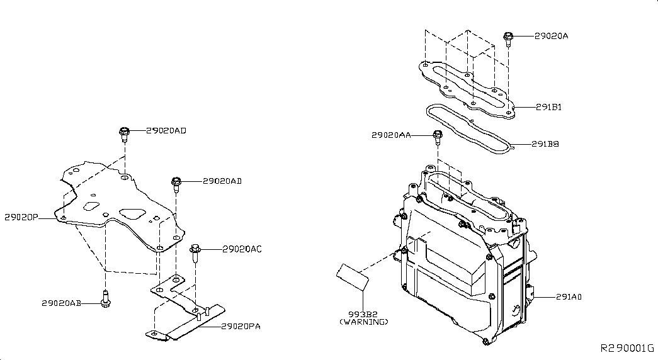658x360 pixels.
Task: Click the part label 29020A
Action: click(x=551, y=36)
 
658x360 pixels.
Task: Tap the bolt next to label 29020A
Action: click(x=508, y=38)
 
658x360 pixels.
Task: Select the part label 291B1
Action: click(x=548, y=107)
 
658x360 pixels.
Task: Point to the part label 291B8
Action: click(x=545, y=144)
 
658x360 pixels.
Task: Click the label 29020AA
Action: click(x=391, y=135)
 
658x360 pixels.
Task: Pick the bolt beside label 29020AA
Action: click(x=437, y=138)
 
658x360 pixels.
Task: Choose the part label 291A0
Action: click(x=569, y=296)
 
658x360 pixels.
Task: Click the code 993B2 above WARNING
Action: click(x=363, y=314)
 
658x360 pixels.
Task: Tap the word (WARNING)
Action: click(x=364, y=322)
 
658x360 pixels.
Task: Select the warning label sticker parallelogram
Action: click(x=353, y=277)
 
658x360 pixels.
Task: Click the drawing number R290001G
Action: click(x=627, y=348)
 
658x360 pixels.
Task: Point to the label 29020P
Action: click(x=21, y=217)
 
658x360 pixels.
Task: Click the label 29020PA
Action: click(x=241, y=326)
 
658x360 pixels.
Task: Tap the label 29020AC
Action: click(x=242, y=249)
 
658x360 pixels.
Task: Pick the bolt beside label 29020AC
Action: click(x=195, y=252)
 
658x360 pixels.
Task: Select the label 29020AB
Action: click(x=61, y=303)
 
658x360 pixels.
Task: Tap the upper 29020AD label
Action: click(x=166, y=130)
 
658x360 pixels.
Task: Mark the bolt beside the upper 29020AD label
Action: click(x=124, y=134)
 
